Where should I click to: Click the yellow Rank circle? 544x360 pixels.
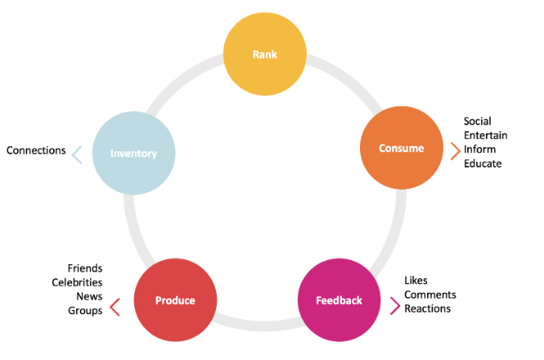(x=265, y=54)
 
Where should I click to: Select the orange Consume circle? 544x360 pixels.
(x=402, y=148)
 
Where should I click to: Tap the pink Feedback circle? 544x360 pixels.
(x=339, y=300)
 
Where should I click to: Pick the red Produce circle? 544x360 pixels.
(x=175, y=300)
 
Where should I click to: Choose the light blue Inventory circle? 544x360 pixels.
(x=133, y=153)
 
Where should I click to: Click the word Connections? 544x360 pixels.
(x=36, y=151)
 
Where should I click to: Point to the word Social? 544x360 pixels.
(x=478, y=121)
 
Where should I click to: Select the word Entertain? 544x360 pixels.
(x=486, y=135)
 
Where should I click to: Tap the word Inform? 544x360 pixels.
(x=480, y=149)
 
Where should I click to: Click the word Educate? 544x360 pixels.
(x=483, y=164)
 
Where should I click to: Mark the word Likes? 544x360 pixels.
(x=416, y=281)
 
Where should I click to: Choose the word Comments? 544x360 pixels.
(x=430, y=295)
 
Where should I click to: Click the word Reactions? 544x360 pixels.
(x=427, y=308)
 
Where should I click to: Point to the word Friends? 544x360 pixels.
(x=85, y=268)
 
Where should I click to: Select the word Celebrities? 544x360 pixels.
(x=77, y=282)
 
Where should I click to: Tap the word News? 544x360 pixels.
(x=89, y=296)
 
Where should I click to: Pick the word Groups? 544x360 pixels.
(x=85, y=311)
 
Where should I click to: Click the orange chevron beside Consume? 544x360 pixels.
(x=456, y=151)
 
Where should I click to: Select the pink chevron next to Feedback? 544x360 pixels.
(x=395, y=306)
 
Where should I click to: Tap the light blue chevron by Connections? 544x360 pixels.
(x=77, y=155)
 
